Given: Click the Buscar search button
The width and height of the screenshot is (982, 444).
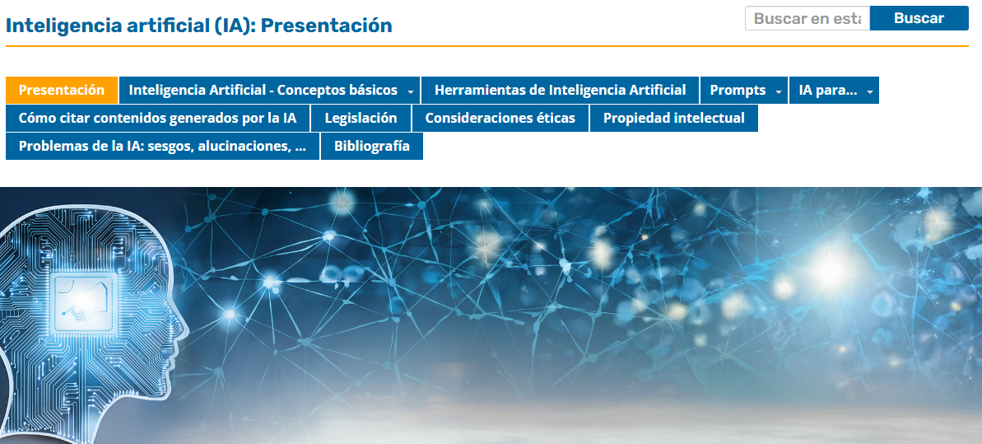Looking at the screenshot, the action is click(x=919, y=18).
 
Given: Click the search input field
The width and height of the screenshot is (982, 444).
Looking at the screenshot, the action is click(x=807, y=18).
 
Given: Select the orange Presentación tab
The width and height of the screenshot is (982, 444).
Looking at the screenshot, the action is click(x=62, y=91).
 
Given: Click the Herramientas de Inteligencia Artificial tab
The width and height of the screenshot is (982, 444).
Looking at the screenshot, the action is click(x=560, y=91).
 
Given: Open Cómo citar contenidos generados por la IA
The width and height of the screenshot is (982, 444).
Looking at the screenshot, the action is click(x=157, y=118).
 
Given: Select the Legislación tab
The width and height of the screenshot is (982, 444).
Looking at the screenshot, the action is click(x=361, y=118).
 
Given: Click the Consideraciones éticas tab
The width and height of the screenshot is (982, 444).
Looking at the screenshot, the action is click(x=500, y=118).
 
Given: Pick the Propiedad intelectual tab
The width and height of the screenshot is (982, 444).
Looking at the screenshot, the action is click(x=674, y=118).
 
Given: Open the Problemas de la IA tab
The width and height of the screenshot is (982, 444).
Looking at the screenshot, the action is click(x=163, y=146).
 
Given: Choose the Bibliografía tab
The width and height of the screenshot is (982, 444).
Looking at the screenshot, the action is click(x=372, y=146).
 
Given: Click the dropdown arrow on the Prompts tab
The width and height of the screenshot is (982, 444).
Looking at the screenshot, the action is click(x=779, y=91).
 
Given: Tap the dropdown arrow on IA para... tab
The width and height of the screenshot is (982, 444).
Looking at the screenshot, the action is click(x=870, y=91).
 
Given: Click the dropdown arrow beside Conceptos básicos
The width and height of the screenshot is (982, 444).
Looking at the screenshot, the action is click(x=410, y=91).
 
